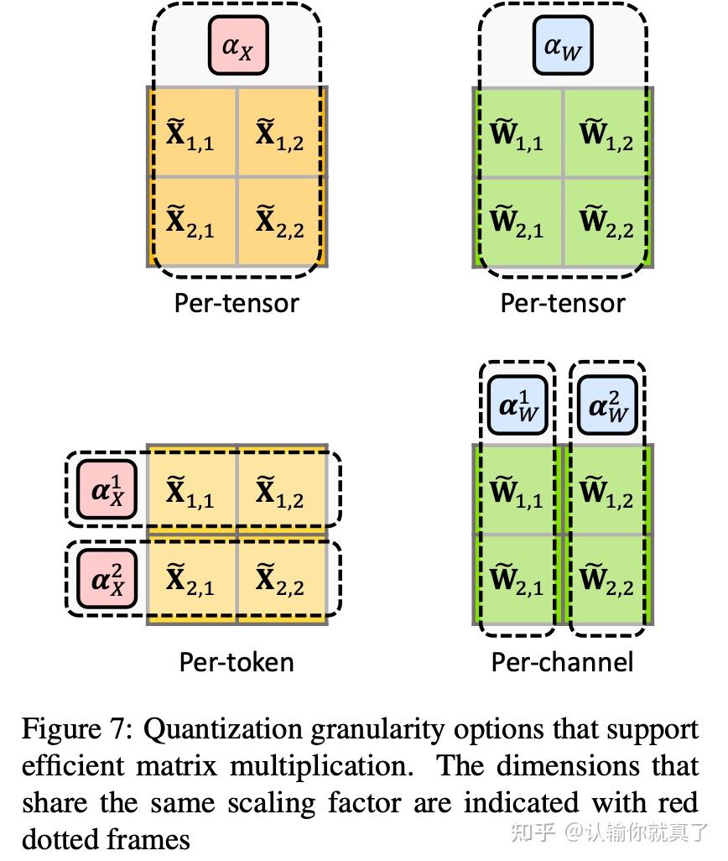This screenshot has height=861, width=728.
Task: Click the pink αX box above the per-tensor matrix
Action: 238,45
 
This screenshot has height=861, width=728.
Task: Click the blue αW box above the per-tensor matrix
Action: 563,45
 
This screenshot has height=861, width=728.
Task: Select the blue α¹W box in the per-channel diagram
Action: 517,406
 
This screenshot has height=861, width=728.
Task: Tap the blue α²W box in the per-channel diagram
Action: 607,406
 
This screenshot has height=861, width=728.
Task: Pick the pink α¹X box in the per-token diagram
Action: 107,489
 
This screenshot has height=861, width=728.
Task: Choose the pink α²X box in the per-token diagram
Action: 107,579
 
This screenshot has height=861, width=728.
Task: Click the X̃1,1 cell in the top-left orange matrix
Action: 192,133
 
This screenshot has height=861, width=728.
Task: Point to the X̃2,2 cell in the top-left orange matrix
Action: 282,222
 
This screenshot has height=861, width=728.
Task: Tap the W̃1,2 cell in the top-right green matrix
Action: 608,133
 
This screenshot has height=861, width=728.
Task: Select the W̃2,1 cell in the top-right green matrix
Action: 517,222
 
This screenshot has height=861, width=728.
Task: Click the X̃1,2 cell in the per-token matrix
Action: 282,489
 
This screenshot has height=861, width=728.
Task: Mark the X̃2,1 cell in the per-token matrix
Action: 192,579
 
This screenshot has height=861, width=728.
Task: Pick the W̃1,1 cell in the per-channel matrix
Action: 517,489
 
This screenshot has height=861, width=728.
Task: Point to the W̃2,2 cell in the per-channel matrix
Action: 608,579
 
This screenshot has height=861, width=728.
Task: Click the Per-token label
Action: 237,661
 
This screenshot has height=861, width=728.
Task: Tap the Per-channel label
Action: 562,661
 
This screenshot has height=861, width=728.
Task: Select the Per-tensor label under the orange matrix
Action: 237,303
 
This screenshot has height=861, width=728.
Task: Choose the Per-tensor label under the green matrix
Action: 563,303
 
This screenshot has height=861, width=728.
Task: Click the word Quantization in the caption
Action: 223,730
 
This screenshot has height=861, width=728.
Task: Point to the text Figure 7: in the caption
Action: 77,730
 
